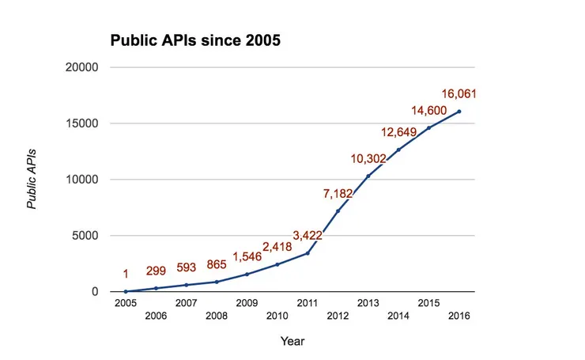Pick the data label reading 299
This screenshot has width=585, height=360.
[155, 271]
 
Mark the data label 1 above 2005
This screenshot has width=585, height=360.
[125, 275]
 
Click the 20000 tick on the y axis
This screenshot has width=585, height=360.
[81, 68]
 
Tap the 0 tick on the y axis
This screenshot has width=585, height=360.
[95, 292]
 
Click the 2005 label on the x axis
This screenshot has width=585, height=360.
[125, 303]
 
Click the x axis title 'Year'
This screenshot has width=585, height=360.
[292, 341]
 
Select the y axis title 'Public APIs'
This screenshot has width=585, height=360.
[32, 179]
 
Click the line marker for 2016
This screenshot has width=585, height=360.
[459, 112]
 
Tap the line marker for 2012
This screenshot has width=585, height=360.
[338, 211]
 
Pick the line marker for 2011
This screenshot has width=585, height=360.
[308, 253]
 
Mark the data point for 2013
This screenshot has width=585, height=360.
[368, 176]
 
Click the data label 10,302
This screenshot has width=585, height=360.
[368, 159]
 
